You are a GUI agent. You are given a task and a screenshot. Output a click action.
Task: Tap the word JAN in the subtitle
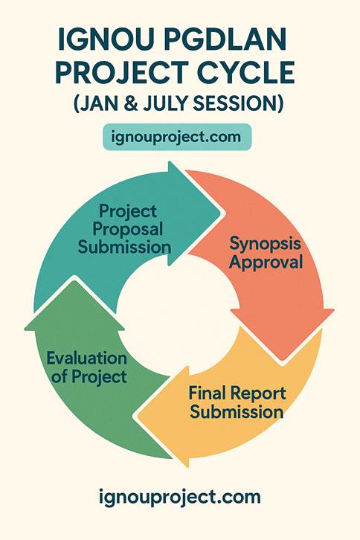click(100, 105)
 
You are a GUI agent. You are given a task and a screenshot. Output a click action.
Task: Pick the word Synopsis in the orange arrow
click(266, 244)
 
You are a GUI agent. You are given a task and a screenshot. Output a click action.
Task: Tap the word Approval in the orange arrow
click(266, 262)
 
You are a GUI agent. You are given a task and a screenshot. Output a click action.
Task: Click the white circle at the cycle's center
click(178, 312)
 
